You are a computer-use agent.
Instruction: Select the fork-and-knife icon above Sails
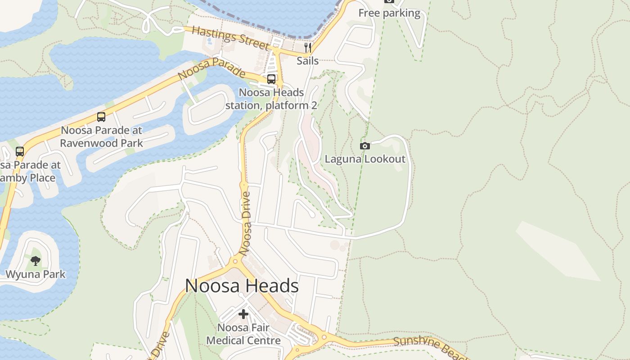click(308, 47)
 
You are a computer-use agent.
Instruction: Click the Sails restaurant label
click(308, 61)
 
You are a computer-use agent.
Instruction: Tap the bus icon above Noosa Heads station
click(271, 79)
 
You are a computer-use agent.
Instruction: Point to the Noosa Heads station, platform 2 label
click(271, 99)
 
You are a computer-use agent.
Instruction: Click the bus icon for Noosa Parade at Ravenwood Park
click(101, 117)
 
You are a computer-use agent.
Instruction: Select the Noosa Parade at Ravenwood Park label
click(101, 137)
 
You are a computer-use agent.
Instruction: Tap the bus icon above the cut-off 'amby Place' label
click(20, 152)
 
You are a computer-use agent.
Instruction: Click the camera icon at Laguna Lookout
click(365, 146)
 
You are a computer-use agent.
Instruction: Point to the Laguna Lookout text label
click(365, 159)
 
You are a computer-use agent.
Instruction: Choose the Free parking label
click(389, 13)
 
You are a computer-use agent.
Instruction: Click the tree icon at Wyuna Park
click(36, 261)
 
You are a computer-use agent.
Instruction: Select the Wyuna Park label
click(36, 274)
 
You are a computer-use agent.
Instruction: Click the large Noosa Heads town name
click(242, 286)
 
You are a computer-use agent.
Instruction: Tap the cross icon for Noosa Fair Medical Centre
click(243, 314)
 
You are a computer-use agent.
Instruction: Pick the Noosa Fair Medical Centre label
click(243, 334)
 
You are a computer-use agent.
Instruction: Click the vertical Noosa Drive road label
click(246, 224)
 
